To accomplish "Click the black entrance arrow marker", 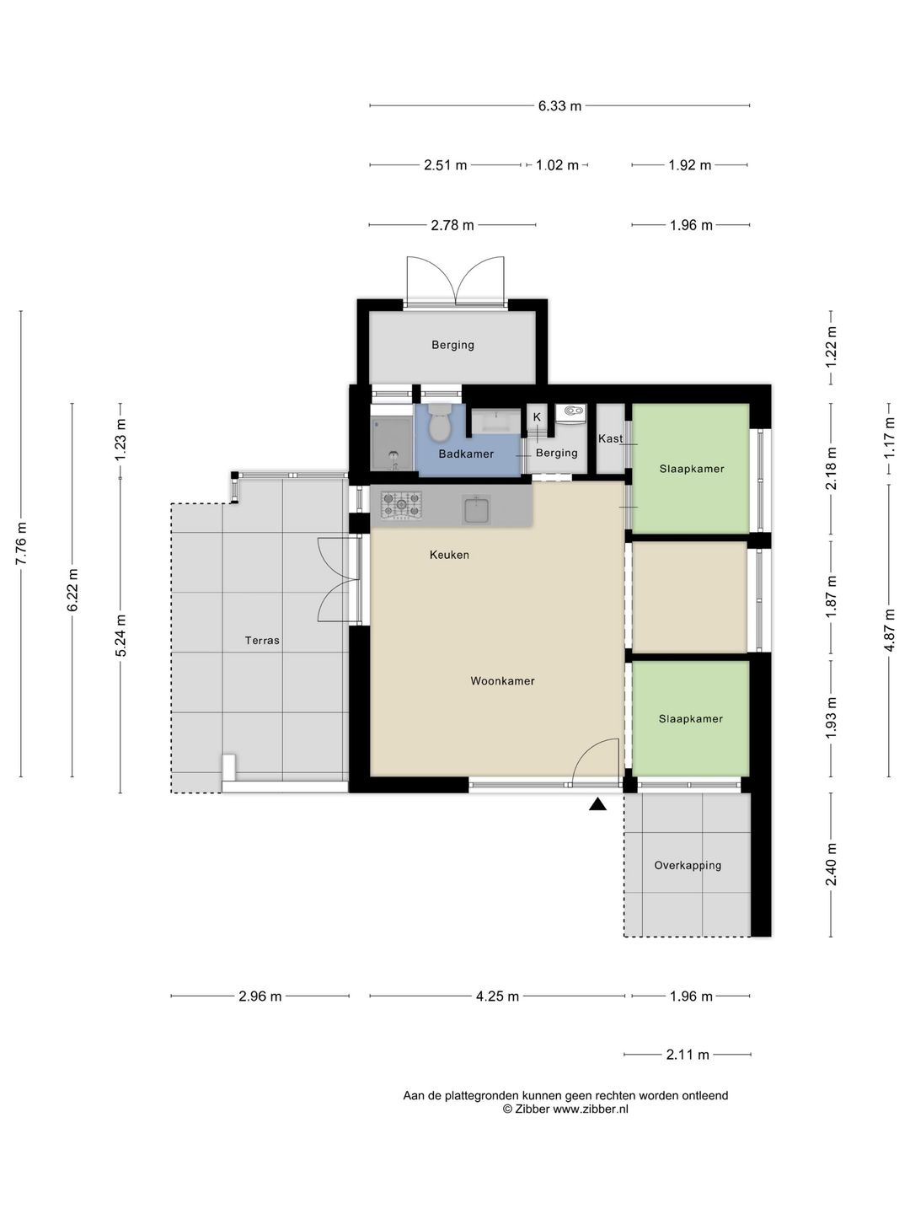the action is [597, 804].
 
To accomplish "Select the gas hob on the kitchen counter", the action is [401, 504].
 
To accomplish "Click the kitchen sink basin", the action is [476, 509].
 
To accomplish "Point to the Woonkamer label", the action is [502, 681].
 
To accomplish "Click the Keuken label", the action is [449, 555].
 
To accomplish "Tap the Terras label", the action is [262, 641].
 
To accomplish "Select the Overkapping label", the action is [688, 866].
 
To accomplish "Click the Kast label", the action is [610, 438].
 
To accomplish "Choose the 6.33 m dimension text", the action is [559, 105].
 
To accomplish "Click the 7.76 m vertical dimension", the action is [21, 543].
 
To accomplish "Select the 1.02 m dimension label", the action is [557, 164].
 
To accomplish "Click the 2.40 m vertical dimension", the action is [831, 864].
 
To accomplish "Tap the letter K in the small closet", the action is [537, 417].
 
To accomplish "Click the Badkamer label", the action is [466, 454].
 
